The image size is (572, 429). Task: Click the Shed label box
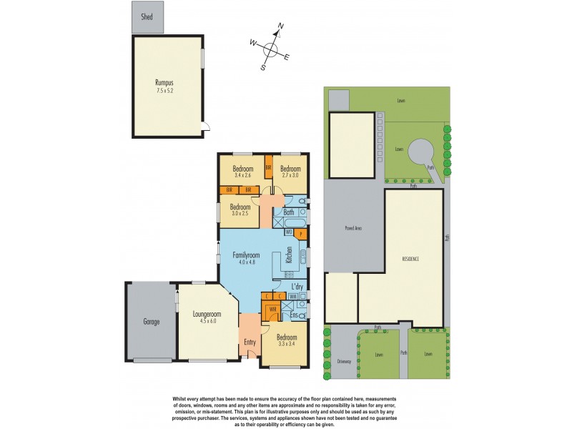tap(147, 16)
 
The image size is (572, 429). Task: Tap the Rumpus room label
tap(165, 82)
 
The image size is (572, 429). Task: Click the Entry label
tap(250, 342)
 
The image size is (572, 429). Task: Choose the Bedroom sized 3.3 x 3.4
tap(286, 340)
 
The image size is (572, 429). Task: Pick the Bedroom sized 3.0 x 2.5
tap(240, 212)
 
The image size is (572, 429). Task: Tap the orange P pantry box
tap(301, 233)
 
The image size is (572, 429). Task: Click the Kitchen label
tap(289, 255)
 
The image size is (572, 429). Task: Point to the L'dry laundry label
tap(298, 287)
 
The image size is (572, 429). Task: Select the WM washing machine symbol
tap(293, 296)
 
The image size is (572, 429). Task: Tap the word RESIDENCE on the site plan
tap(410, 258)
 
